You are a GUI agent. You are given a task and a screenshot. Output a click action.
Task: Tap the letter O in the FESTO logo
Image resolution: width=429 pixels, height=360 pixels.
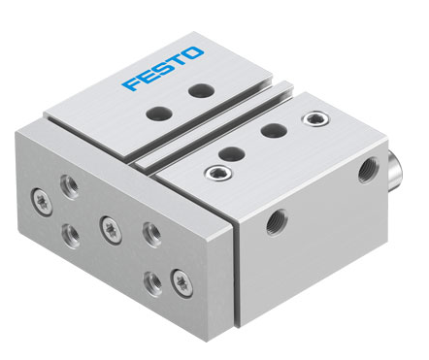pyautogui.click(x=191, y=53)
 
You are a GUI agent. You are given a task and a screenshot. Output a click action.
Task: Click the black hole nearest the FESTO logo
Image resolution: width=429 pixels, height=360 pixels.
pyautogui.click(x=201, y=90)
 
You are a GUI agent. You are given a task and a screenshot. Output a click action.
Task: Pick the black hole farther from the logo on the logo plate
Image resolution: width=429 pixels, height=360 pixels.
pyautogui.click(x=159, y=114)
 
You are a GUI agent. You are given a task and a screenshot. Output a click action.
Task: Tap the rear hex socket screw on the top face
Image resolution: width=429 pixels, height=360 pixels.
pyautogui.click(x=315, y=119)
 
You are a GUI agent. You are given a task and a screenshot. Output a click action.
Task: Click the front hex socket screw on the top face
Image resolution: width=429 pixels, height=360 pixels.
pyautogui.click(x=217, y=173)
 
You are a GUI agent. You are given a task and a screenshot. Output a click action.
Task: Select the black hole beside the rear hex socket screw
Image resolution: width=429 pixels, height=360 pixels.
pyautogui.click(x=274, y=130)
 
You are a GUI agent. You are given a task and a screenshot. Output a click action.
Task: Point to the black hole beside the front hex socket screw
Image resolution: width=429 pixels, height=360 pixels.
pyautogui.click(x=231, y=153)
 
